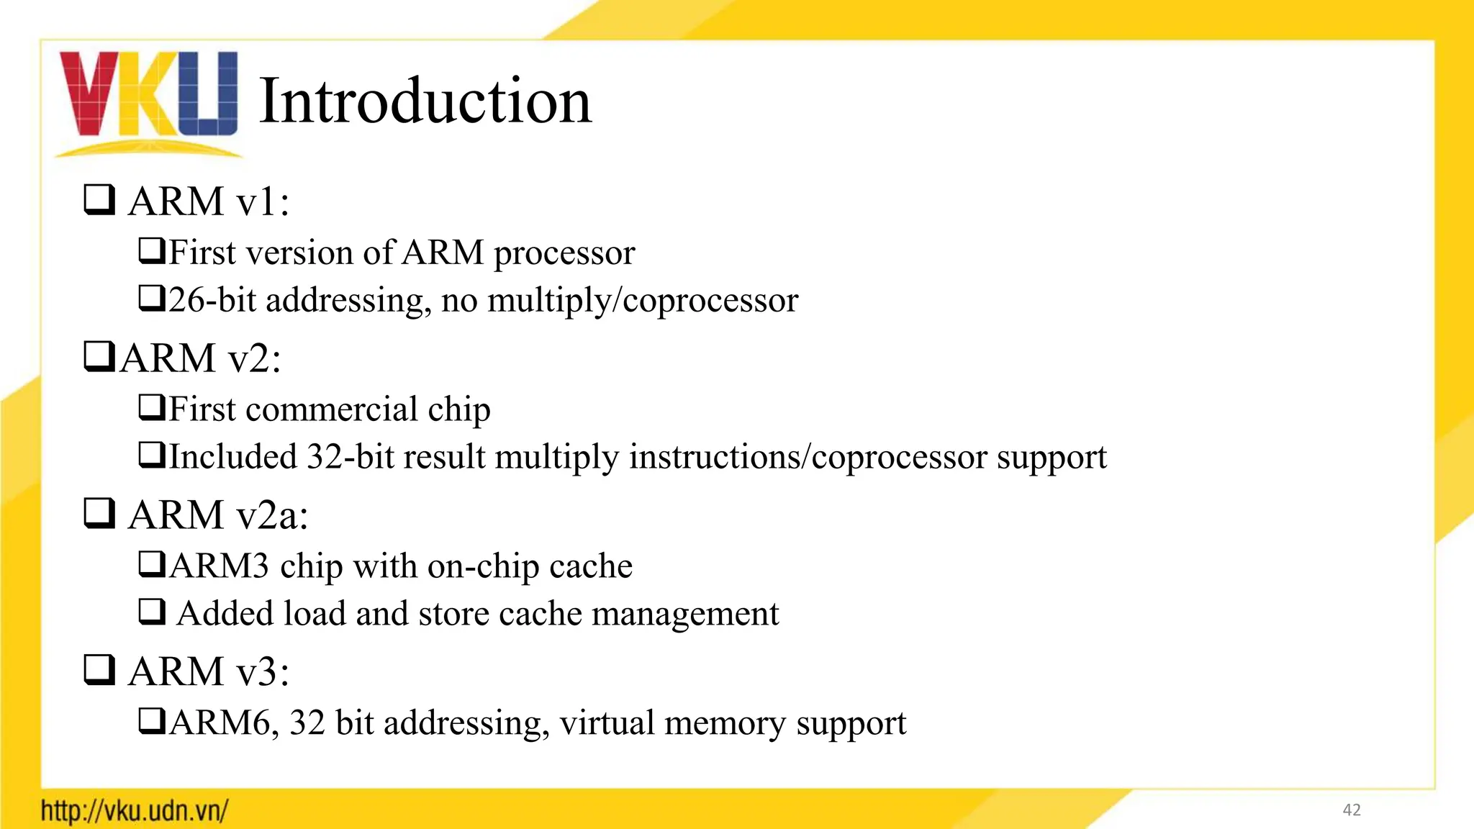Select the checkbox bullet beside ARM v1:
tap(99, 200)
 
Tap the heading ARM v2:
tap(200, 358)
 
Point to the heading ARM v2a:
tap(218, 515)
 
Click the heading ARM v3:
tap(209, 671)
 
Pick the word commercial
tap(332, 409)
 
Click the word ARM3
tap(219, 566)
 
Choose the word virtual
tap(607, 723)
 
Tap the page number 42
tap(1352, 810)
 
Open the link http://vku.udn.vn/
tap(135, 811)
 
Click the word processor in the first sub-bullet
tap(564, 253)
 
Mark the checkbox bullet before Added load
tap(152, 612)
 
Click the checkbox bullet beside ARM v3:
tap(99, 671)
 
